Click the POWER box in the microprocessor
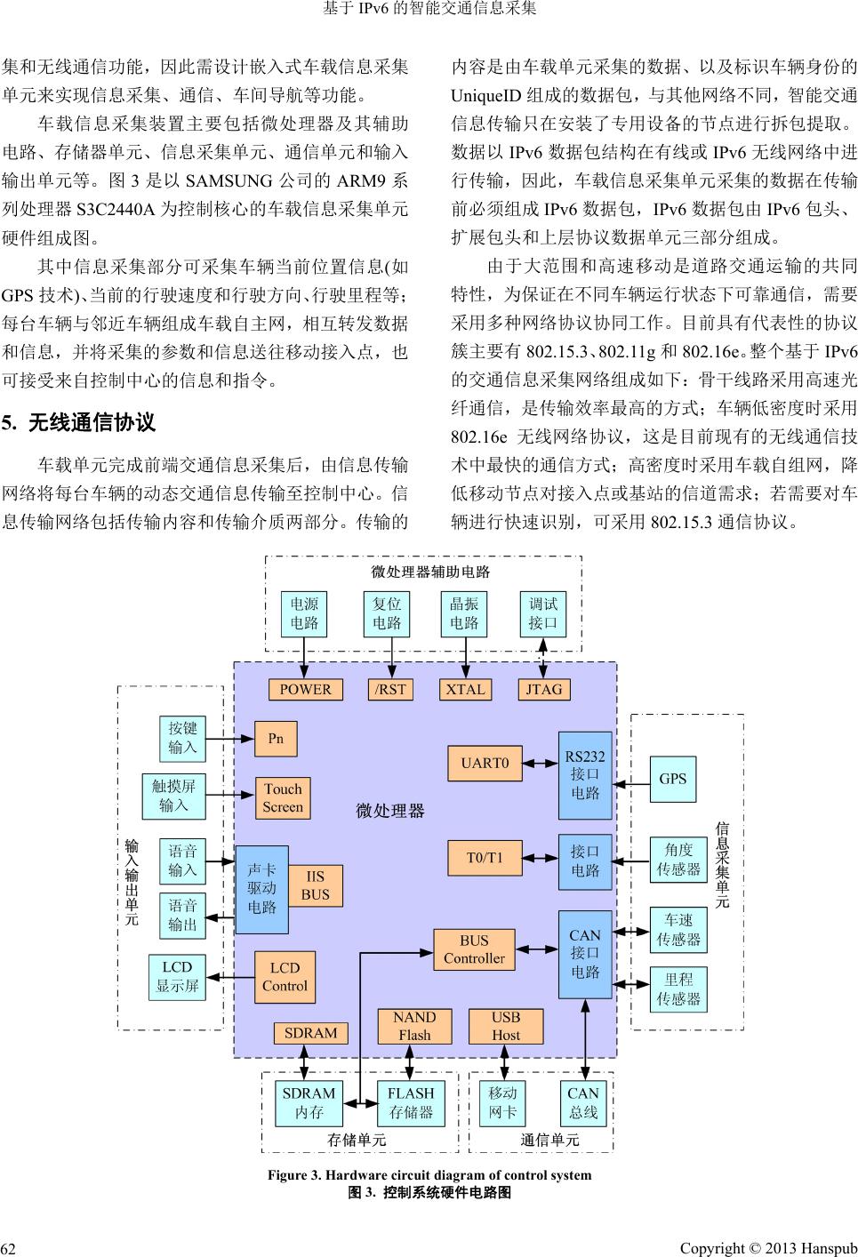[x=305, y=689]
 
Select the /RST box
[x=390, y=689]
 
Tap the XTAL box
[x=465, y=689]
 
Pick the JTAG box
[x=544, y=689]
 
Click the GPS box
[x=673, y=779]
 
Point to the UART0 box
[x=485, y=763]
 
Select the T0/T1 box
[x=485, y=858]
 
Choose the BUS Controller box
[x=474, y=949]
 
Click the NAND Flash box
[x=414, y=1026]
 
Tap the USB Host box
[x=506, y=1026]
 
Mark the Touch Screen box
[x=283, y=798]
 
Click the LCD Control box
[x=285, y=977]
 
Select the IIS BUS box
[x=315, y=885]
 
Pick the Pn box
[x=276, y=739]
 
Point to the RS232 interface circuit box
[x=585, y=775]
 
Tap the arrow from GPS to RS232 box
[x=631, y=784]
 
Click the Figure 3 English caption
[x=429, y=1175]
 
